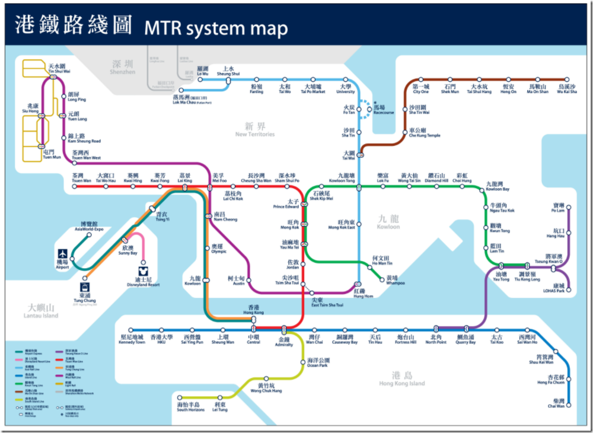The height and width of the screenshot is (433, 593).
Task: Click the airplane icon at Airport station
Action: [x=63, y=254]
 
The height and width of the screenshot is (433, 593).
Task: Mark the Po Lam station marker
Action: [x=568, y=208]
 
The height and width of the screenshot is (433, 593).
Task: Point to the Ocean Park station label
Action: [x=317, y=362]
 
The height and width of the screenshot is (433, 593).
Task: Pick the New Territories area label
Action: [x=255, y=130]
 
